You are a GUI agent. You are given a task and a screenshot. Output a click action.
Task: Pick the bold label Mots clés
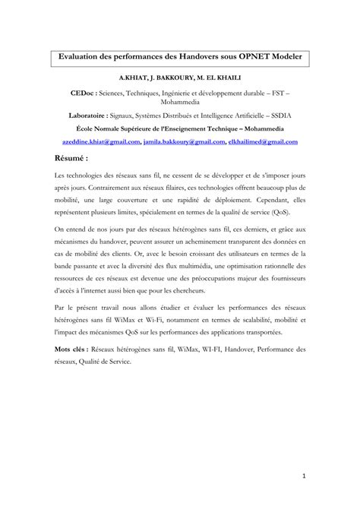(73, 350)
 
